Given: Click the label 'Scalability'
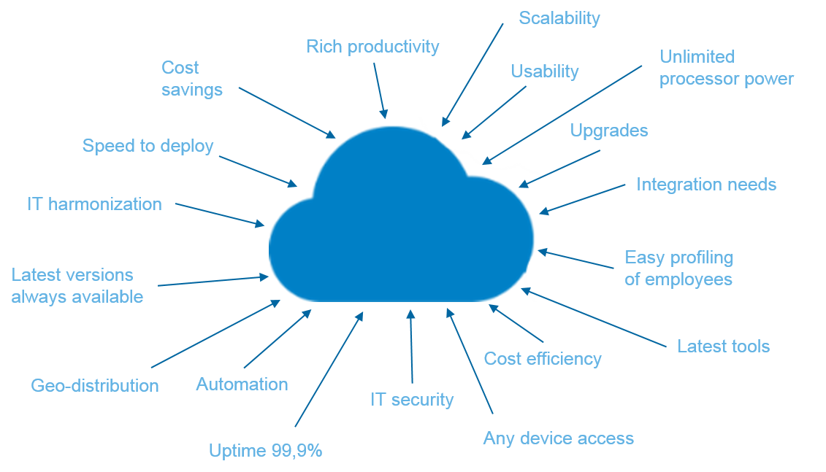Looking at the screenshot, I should [x=559, y=18].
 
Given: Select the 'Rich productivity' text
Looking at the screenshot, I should [x=372, y=47].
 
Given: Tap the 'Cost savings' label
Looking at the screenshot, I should [x=191, y=79].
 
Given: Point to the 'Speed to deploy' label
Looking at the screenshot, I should [x=148, y=146].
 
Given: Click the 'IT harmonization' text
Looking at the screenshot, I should [x=94, y=204].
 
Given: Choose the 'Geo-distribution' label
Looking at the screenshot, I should [x=95, y=385].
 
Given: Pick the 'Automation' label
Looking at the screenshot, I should [x=242, y=384].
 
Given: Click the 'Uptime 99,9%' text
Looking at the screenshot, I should [x=265, y=451].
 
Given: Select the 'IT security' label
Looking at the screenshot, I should [x=412, y=400].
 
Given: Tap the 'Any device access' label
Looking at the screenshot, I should [x=558, y=438].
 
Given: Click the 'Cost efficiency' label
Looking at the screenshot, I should [x=543, y=358].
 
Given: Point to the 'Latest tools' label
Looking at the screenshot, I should [x=723, y=347].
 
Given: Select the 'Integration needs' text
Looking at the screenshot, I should [x=705, y=185].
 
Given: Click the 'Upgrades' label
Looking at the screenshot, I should [x=608, y=131].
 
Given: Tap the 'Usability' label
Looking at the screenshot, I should [x=544, y=71].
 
